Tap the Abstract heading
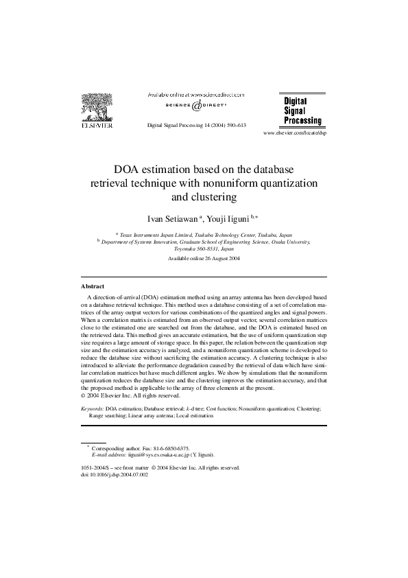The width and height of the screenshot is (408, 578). tap(93, 286)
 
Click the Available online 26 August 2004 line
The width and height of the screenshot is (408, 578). tap(204, 258)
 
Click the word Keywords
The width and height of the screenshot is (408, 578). tap(93, 408)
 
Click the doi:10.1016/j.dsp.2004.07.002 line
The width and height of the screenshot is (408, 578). tap(115, 474)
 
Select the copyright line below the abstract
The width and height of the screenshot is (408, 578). tap(130, 395)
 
